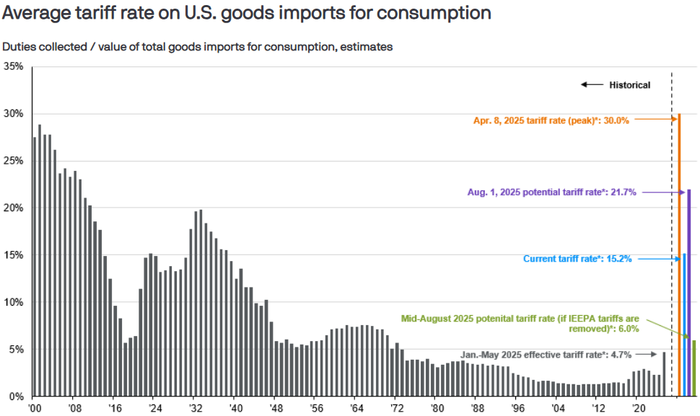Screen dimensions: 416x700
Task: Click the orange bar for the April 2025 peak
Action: [x=679, y=255]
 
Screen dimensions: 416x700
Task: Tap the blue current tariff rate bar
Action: [x=684, y=324]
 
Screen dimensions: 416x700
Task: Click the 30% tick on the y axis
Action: [x=14, y=114]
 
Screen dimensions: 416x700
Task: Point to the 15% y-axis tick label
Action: [x=14, y=255]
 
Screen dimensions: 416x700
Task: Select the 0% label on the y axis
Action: [x=17, y=397]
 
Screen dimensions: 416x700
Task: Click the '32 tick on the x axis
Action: [x=195, y=408]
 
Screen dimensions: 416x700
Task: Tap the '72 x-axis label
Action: [x=395, y=408]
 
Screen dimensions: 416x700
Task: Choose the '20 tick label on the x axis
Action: [x=636, y=408]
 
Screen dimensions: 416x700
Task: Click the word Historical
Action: [x=630, y=85]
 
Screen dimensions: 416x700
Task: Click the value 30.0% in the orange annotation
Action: [x=615, y=121]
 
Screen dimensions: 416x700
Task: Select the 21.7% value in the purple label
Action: [x=621, y=192]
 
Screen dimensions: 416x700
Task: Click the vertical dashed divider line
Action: [x=672, y=216]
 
